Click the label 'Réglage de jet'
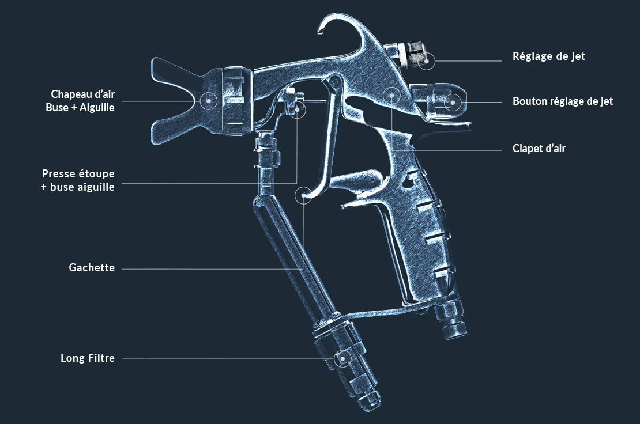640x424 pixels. [548, 56]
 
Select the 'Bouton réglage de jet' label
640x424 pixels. [562, 101]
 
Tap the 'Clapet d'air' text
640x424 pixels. [539, 149]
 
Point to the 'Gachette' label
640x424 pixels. [92, 268]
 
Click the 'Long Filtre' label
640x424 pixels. [87, 358]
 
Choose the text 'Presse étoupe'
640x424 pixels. [78, 174]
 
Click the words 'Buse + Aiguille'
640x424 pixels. [80, 108]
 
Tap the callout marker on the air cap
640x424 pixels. [209, 100]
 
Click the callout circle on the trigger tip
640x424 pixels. [303, 195]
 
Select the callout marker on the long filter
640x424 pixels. [343, 359]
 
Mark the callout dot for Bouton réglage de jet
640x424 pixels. [452, 102]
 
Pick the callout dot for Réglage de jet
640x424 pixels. [427, 61]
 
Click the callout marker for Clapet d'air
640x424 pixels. [391, 96]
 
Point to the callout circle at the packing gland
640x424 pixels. [298, 109]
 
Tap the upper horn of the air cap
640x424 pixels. [175, 73]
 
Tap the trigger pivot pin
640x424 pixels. [335, 80]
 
